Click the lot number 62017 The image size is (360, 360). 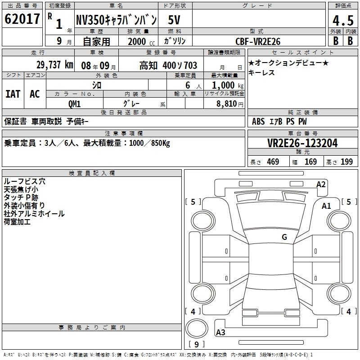tap(22, 19)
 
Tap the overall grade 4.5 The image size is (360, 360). tap(343, 20)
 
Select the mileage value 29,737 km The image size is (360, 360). tap(55, 65)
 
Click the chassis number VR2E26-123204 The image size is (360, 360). tap(302, 143)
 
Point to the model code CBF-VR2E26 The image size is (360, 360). tap(258, 41)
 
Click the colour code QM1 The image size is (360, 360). tap(74, 104)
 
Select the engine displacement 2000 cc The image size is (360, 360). tap(141, 41)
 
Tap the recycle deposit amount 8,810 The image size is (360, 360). tap(227, 104)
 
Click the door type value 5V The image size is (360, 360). tap(174, 20)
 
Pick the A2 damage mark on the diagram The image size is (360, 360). tap(321, 184)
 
